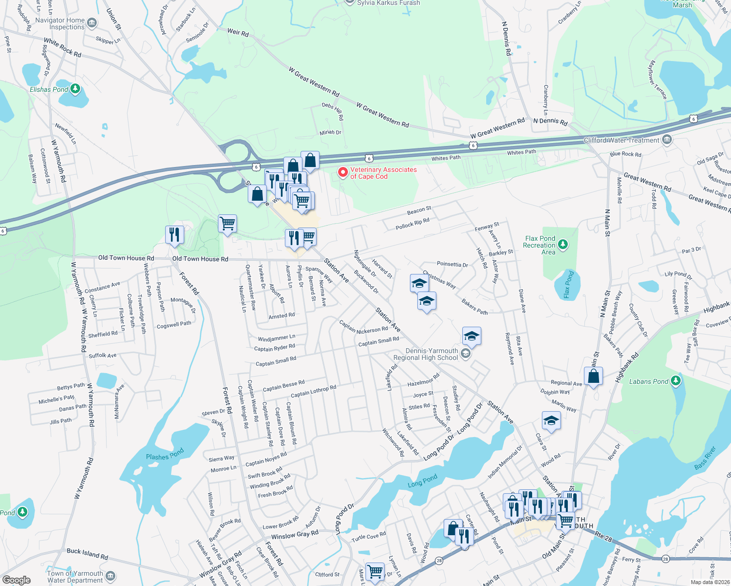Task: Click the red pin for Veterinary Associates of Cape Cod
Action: tap(343, 172)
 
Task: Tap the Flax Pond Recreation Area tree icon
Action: tap(563, 244)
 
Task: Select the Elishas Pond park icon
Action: tap(75, 88)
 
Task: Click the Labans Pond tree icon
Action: tap(676, 380)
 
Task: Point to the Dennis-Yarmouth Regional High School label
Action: tap(432, 354)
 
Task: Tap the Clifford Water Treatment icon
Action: tap(667, 140)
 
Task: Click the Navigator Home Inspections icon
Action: tap(91, 23)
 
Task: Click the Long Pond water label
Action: tap(423, 481)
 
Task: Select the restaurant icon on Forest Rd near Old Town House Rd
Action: tap(174, 234)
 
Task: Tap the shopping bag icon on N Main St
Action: tap(593, 376)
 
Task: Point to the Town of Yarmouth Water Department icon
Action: tap(110, 576)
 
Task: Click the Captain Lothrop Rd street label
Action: tap(313, 391)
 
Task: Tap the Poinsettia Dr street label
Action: tap(452, 264)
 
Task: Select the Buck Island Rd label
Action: tap(87, 553)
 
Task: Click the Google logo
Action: tap(17, 580)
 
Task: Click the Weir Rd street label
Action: tap(238, 32)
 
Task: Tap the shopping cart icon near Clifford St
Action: tap(375, 571)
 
